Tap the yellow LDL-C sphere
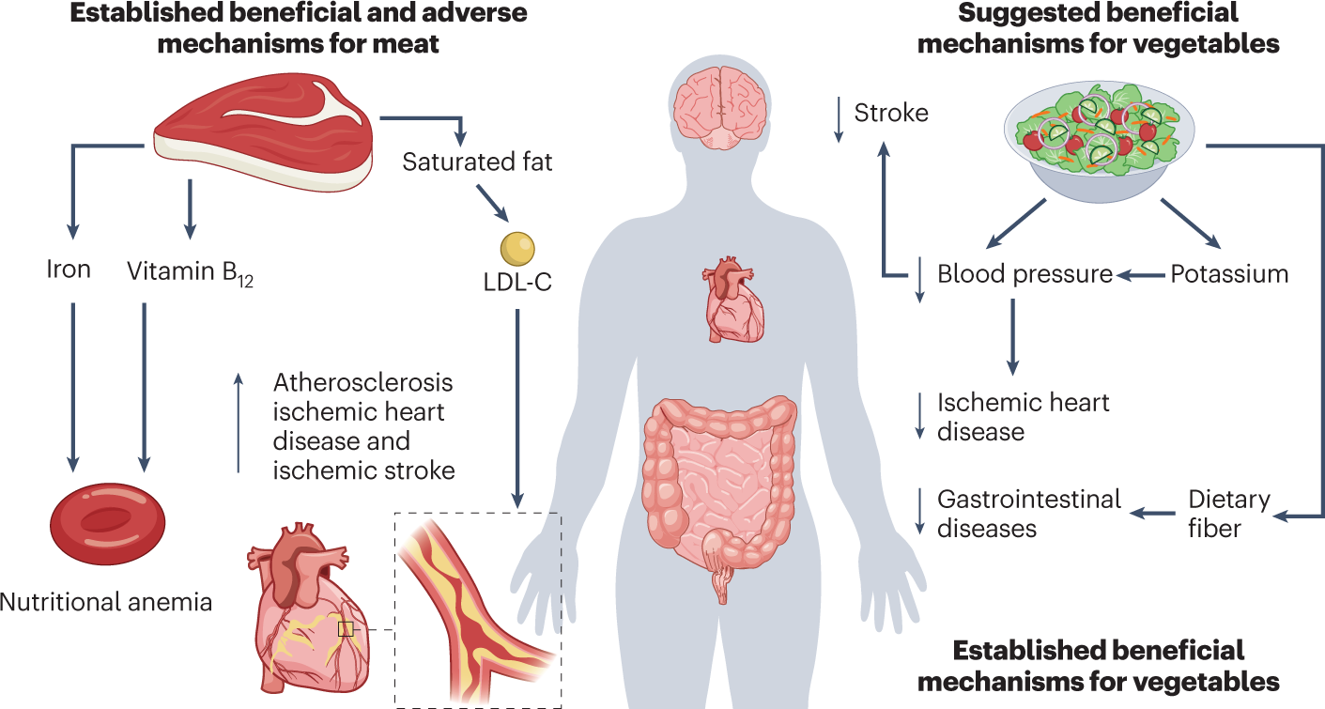click(x=516, y=247)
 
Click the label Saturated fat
click(x=477, y=162)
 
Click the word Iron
click(x=69, y=270)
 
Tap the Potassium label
click(x=1228, y=274)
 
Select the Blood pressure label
click(x=1025, y=274)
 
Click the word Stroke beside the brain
click(x=890, y=114)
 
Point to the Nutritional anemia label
click(x=106, y=602)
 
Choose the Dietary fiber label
click(x=1228, y=513)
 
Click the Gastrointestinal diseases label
click(x=1029, y=513)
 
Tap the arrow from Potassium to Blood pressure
click(x=1140, y=275)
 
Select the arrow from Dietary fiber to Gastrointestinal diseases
click(x=1152, y=513)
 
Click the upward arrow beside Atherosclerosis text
click(x=239, y=423)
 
